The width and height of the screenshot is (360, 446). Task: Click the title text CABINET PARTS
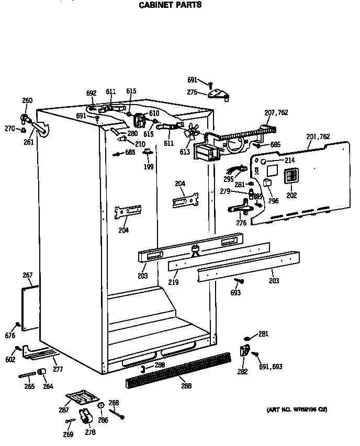(x=169, y=5)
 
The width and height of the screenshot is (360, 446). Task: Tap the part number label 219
(x=173, y=282)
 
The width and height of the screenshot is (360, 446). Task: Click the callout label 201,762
(x=318, y=137)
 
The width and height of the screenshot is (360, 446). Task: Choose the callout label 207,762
(x=276, y=112)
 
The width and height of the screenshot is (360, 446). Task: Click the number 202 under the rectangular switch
(x=291, y=196)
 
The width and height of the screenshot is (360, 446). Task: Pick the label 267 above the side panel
(x=28, y=276)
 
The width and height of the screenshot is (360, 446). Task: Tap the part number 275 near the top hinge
(x=192, y=93)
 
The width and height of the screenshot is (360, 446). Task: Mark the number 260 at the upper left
(x=27, y=100)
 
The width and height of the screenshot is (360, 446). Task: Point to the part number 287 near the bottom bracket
(x=63, y=410)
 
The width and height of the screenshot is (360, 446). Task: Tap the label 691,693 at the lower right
(x=271, y=367)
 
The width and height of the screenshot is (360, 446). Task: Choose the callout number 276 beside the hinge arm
(x=241, y=223)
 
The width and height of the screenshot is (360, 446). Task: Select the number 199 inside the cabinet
(x=149, y=167)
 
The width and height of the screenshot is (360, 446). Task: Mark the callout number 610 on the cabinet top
(x=154, y=113)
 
